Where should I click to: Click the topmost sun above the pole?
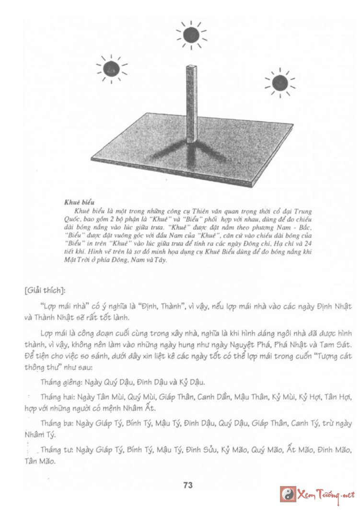click(191, 34)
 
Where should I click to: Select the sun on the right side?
click(279, 83)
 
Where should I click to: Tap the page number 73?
click(187, 485)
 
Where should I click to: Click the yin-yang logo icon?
click(288, 494)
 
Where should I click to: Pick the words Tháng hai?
click(54, 398)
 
